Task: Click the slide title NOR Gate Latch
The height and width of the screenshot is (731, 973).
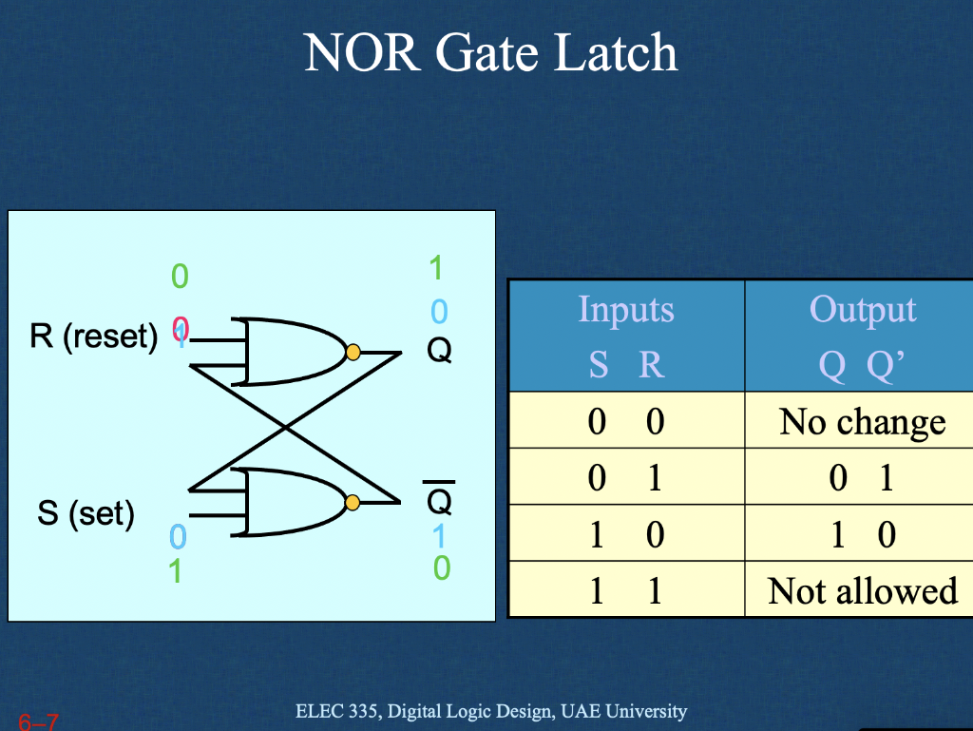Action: click(491, 53)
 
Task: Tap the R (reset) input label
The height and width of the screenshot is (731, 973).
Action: click(93, 337)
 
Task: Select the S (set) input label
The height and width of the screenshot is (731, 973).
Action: click(86, 514)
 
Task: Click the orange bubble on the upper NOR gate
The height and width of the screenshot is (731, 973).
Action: click(353, 352)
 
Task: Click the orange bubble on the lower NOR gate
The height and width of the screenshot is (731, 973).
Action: click(353, 502)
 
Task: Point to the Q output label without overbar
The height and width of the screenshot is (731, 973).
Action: click(438, 352)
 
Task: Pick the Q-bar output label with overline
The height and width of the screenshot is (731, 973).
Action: click(438, 499)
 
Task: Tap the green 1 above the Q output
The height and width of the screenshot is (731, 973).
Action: click(436, 269)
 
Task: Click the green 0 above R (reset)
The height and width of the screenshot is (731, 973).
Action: click(180, 277)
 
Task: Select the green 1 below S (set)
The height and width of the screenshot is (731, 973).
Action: click(176, 571)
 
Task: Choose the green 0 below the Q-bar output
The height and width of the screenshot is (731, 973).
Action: click(441, 568)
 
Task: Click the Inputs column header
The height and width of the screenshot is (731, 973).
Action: click(626, 310)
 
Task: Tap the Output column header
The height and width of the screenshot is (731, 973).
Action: click(863, 310)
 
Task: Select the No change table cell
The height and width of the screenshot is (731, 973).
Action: click(862, 421)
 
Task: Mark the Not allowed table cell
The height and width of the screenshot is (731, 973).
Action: click(862, 590)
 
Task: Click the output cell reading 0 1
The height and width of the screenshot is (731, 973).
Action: click(862, 477)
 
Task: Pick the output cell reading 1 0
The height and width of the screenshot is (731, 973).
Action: click(862, 534)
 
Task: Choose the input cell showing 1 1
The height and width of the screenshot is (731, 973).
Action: click(625, 590)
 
